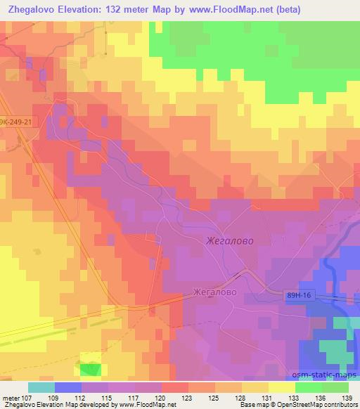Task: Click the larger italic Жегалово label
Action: (230, 240)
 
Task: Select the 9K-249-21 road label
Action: (16, 122)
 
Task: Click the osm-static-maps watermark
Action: (326, 375)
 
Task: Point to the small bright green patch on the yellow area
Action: (89, 369)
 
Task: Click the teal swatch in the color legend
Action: (41, 387)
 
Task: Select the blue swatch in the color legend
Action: (67, 387)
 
